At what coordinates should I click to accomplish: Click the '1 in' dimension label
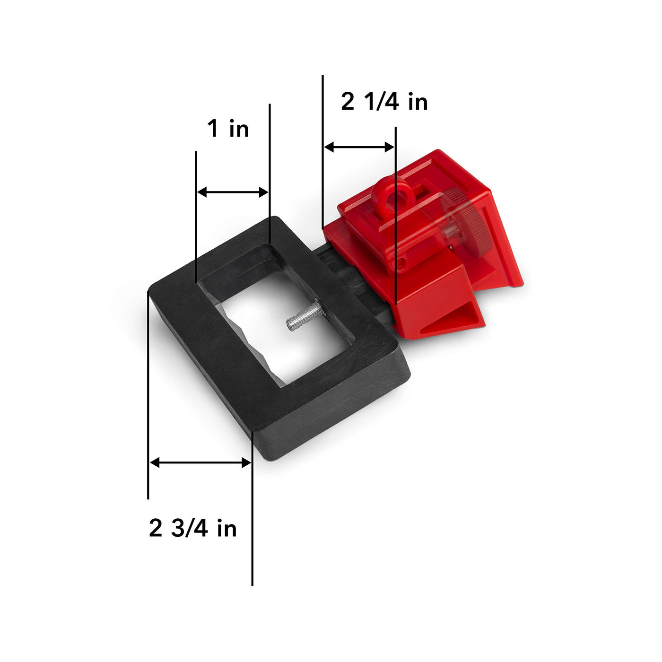pyautogui.click(x=228, y=129)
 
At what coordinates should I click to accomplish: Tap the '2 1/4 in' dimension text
pyautogui.click(x=384, y=102)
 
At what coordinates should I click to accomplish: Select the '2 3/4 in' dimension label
pyautogui.click(x=192, y=528)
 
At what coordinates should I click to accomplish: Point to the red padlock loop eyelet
pyautogui.click(x=383, y=195)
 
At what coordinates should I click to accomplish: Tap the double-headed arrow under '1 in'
pyautogui.click(x=232, y=192)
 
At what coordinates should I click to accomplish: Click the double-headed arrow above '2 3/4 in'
pyautogui.click(x=200, y=462)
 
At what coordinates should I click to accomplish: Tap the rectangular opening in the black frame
pyautogui.click(x=279, y=326)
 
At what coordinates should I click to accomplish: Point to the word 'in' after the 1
pyautogui.click(x=239, y=129)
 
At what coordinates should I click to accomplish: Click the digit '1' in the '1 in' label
pyautogui.click(x=214, y=129)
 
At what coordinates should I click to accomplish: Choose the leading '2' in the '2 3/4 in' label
pyautogui.click(x=156, y=528)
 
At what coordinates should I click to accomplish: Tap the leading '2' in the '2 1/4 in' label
pyautogui.click(x=348, y=102)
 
